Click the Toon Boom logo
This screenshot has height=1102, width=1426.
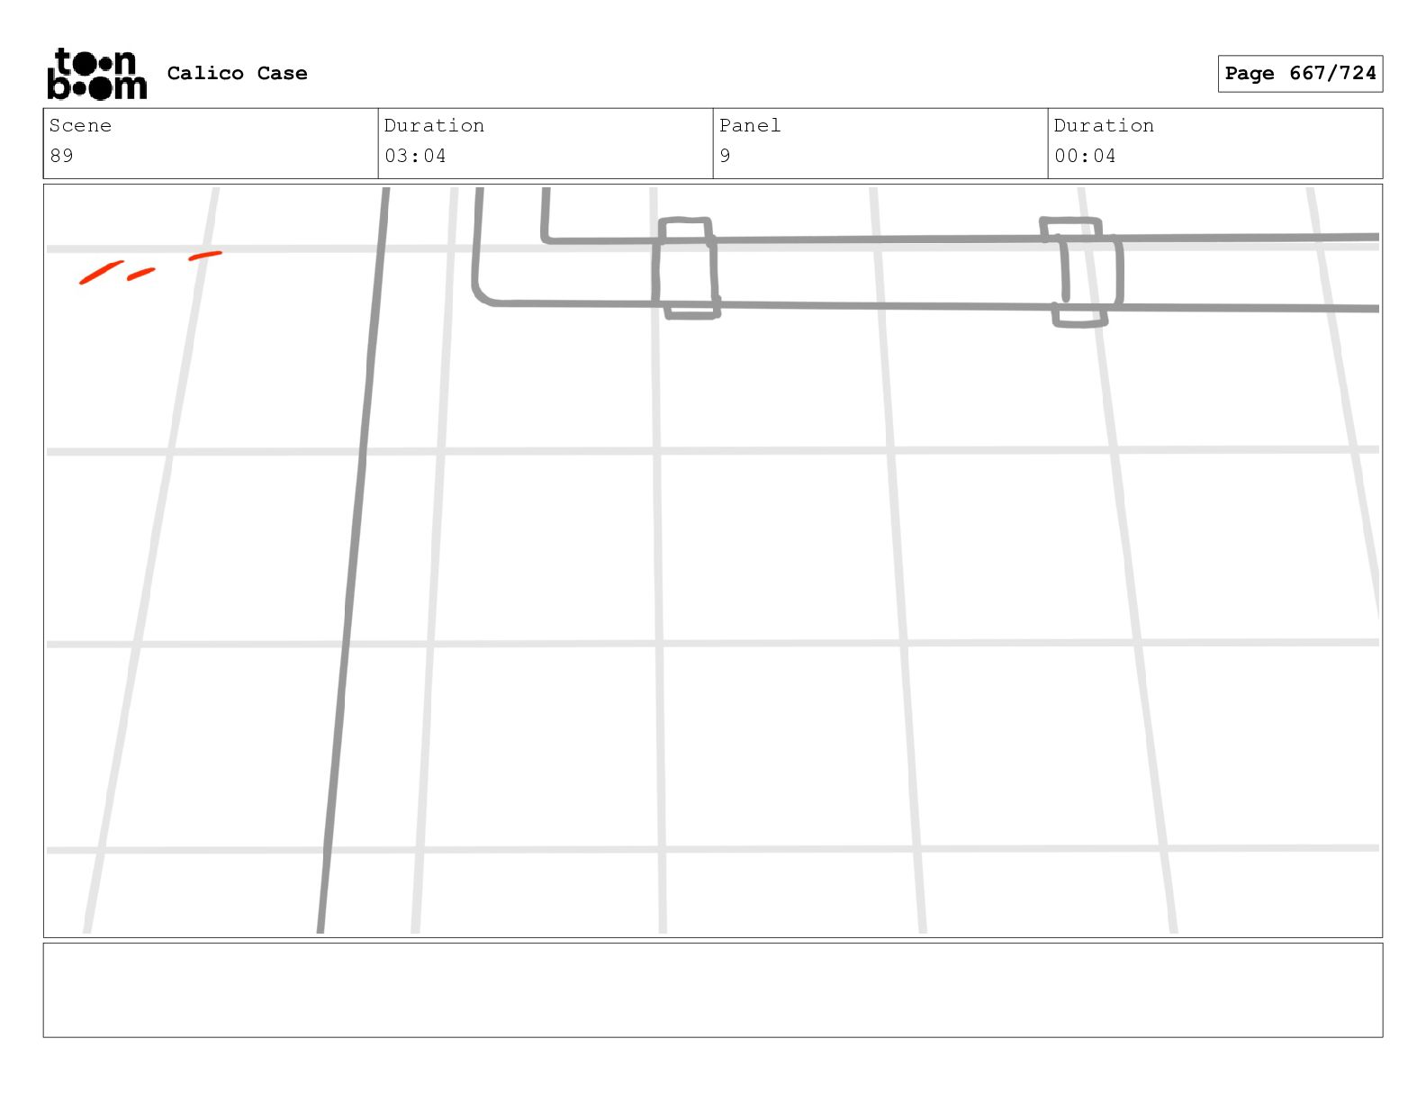pos(96,74)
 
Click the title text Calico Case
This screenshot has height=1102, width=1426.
pos(237,74)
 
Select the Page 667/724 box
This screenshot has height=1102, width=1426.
pos(1300,74)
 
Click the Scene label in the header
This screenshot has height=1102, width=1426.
pos(80,126)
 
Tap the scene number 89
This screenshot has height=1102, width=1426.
pos(61,156)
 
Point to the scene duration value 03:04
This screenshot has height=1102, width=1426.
pos(415,156)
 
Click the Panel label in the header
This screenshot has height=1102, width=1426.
pos(750,126)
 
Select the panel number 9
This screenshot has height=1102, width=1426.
pos(725,156)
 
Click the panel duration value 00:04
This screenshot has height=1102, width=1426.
pos(1085,156)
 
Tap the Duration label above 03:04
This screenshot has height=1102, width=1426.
pos(434,126)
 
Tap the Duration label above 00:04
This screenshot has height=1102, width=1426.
pos(1104,126)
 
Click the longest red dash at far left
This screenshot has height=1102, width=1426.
pos(101,272)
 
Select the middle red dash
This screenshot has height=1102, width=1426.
pos(141,274)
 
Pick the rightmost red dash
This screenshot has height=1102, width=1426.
pos(205,257)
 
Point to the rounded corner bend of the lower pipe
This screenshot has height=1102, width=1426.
pos(482,296)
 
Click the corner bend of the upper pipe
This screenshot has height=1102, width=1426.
pos(546,238)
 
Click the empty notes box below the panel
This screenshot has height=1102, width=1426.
pos(712,989)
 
